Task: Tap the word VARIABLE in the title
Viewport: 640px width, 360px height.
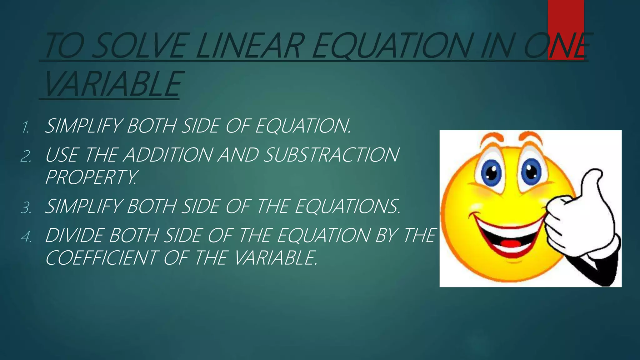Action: [112, 84]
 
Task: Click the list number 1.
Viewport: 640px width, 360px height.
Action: [26, 127]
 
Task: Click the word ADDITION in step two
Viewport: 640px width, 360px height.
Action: [167, 155]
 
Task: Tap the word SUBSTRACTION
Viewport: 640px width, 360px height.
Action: [331, 155]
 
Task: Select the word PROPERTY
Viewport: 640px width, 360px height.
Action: [91, 177]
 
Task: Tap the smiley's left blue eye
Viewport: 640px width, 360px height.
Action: [491, 172]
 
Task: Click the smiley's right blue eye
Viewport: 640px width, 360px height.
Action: [531, 171]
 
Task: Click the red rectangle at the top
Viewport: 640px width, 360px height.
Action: [566, 19]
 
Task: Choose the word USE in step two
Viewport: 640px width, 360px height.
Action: [62, 155]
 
